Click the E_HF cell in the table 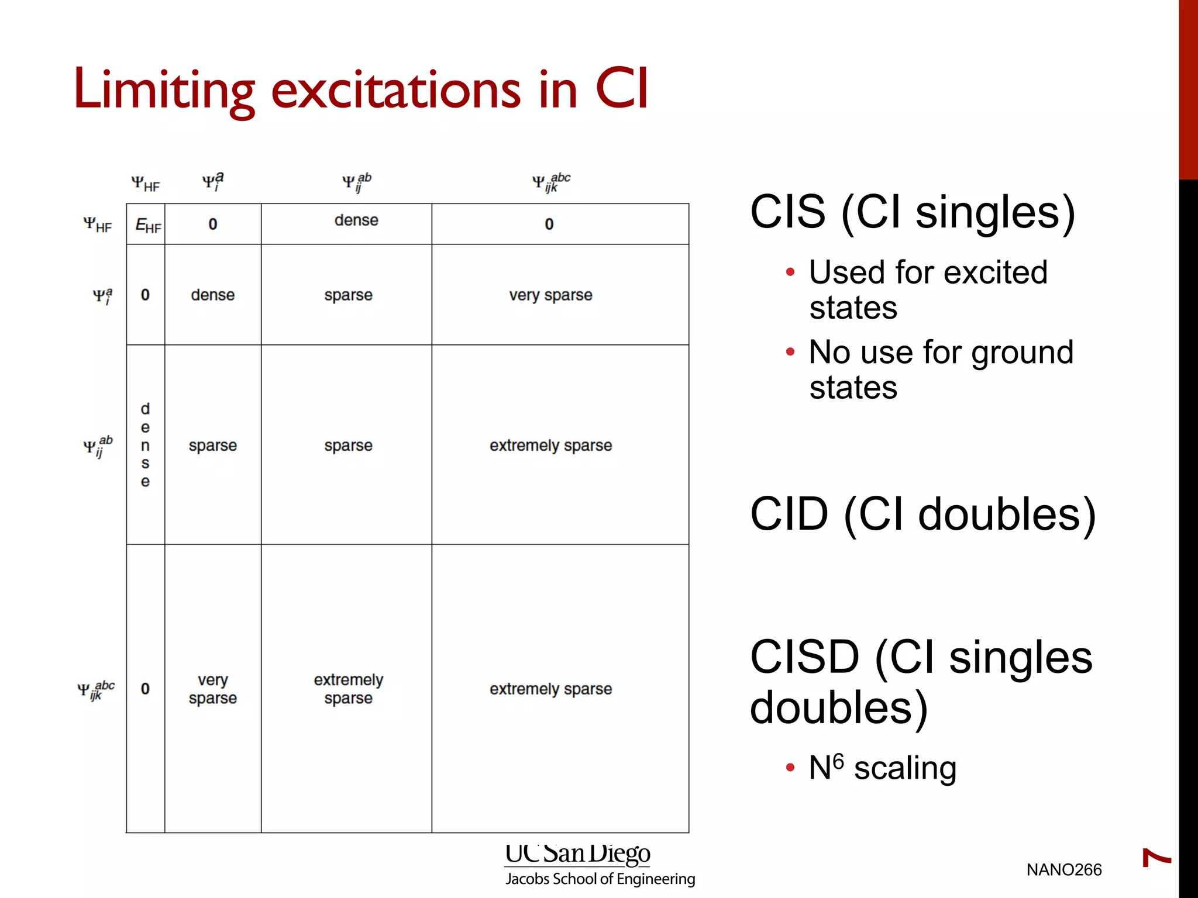click(147, 225)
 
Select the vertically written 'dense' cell click(145, 445)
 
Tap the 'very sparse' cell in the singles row click(550, 295)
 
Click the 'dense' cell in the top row click(356, 220)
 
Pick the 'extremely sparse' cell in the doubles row click(550, 445)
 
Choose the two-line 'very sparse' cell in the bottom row click(212, 689)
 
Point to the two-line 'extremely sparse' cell click(348, 689)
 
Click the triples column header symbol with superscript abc click(550, 182)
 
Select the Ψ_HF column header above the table click(145, 184)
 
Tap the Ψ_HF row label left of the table click(97, 224)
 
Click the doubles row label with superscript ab click(98, 447)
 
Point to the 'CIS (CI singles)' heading click(913, 212)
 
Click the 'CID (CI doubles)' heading click(922, 514)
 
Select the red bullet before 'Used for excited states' click(790, 272)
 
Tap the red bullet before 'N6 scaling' click(790, 768)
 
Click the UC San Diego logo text click(577, 854)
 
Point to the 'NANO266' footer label click(1063, 870)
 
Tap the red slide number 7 click(1156, 858)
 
